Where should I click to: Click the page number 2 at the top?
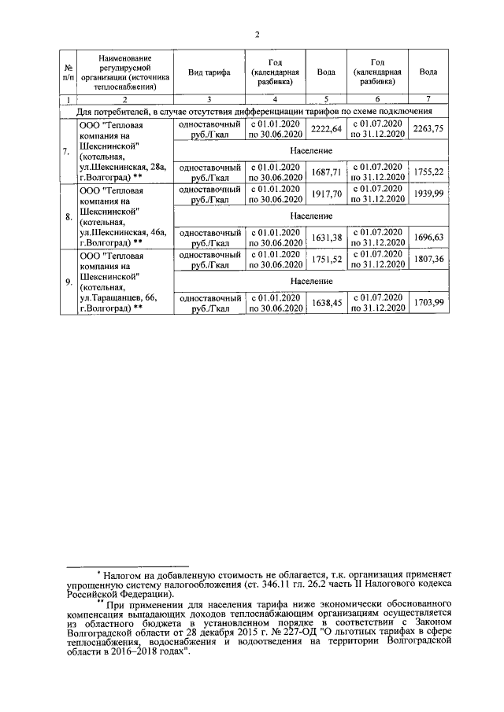[257, 34]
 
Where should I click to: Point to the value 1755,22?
[428, 172]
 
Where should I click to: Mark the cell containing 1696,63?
[428, 238]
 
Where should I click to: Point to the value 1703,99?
[428, 303]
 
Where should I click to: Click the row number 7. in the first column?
[67, 151]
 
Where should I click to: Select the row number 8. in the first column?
[67, 216]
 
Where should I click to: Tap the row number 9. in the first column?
[67, 282]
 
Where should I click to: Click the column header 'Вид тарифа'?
[209, 72]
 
